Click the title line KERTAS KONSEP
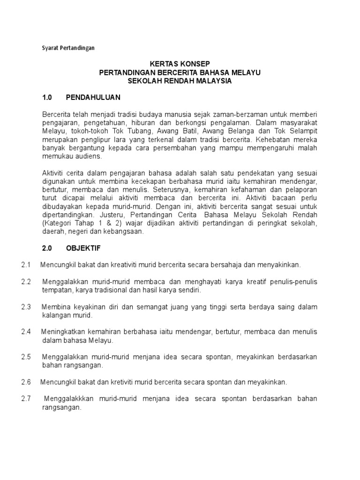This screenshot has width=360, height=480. point(180,64)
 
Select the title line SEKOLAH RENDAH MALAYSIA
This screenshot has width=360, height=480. point(180,81)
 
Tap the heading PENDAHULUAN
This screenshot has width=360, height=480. point(93,97)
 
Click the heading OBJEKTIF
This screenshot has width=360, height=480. point(83,247)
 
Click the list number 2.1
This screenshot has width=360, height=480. point(26,265)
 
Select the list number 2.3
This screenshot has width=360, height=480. point(26,307)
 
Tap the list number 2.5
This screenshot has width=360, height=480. point(26,357)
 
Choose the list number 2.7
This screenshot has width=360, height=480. point(26,398)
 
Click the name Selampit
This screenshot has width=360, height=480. point(303,132)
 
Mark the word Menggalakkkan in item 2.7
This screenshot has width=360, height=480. point(69,398)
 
